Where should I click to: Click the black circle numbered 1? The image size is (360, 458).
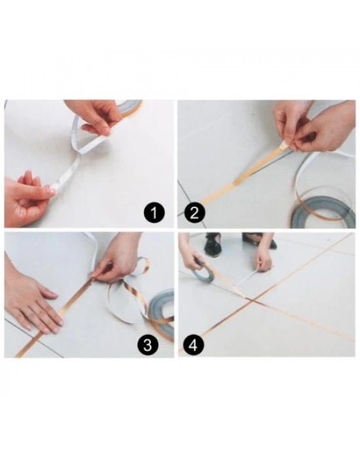point(154,213)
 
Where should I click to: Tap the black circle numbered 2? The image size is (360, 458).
point(195,213)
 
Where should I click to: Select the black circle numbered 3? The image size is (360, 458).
point(148,345)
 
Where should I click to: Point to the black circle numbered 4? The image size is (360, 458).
point(194,345)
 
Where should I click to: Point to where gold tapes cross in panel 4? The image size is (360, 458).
point(253,300)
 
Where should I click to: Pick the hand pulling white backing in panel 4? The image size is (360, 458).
point(264,262)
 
